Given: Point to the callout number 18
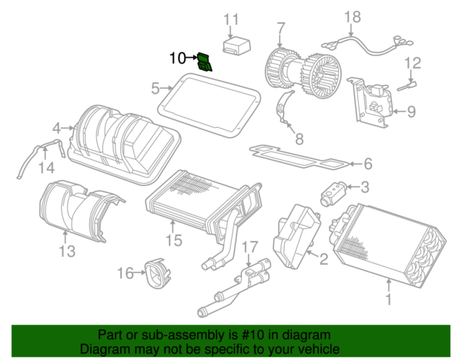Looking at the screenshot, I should click(352, 17).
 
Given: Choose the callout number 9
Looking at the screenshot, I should click(410, 112).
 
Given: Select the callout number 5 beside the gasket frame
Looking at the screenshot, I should click(155, 88).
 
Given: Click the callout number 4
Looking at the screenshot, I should click(57, 128).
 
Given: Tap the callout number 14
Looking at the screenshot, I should click(47, 168).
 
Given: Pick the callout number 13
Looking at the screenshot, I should click(66, 252).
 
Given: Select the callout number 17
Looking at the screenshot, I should click(249, 247).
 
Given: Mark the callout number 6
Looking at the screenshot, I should click(367, 163).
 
